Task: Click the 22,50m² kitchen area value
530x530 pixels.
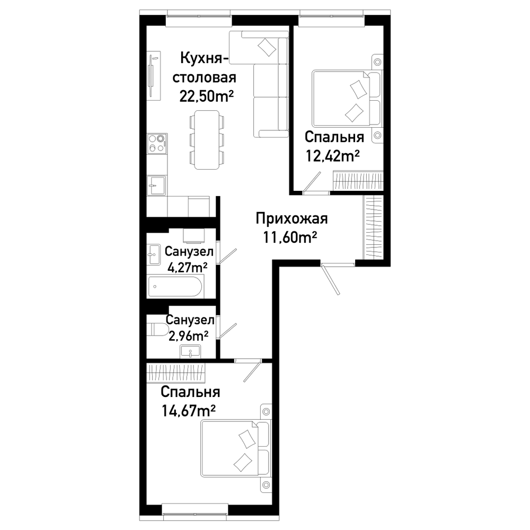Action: coord(206,96)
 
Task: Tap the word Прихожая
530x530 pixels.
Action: coord(291,219)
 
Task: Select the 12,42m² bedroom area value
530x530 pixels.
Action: coord(333,156)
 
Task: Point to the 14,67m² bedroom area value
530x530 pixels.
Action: coord(189,411)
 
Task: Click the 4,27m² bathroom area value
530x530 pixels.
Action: coord(188,267)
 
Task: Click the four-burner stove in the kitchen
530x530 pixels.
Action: coord(157,143)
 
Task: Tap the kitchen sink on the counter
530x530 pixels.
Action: coord(156,185)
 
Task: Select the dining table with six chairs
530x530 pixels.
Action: coord(207,140)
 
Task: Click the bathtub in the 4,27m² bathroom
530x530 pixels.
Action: coord(175,287)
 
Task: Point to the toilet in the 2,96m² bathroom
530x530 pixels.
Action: coord(158,330)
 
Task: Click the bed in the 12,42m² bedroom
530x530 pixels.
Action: coord(347,98)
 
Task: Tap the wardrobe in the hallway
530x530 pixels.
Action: coord(373,227)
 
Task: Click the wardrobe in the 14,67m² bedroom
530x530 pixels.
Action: coord(176,373)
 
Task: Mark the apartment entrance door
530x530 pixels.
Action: coord(331,280)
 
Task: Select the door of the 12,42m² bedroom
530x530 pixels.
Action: coord(312,182)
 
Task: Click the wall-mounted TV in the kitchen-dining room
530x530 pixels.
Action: coord(154,76)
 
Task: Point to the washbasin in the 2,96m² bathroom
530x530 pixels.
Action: coord(190,351)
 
